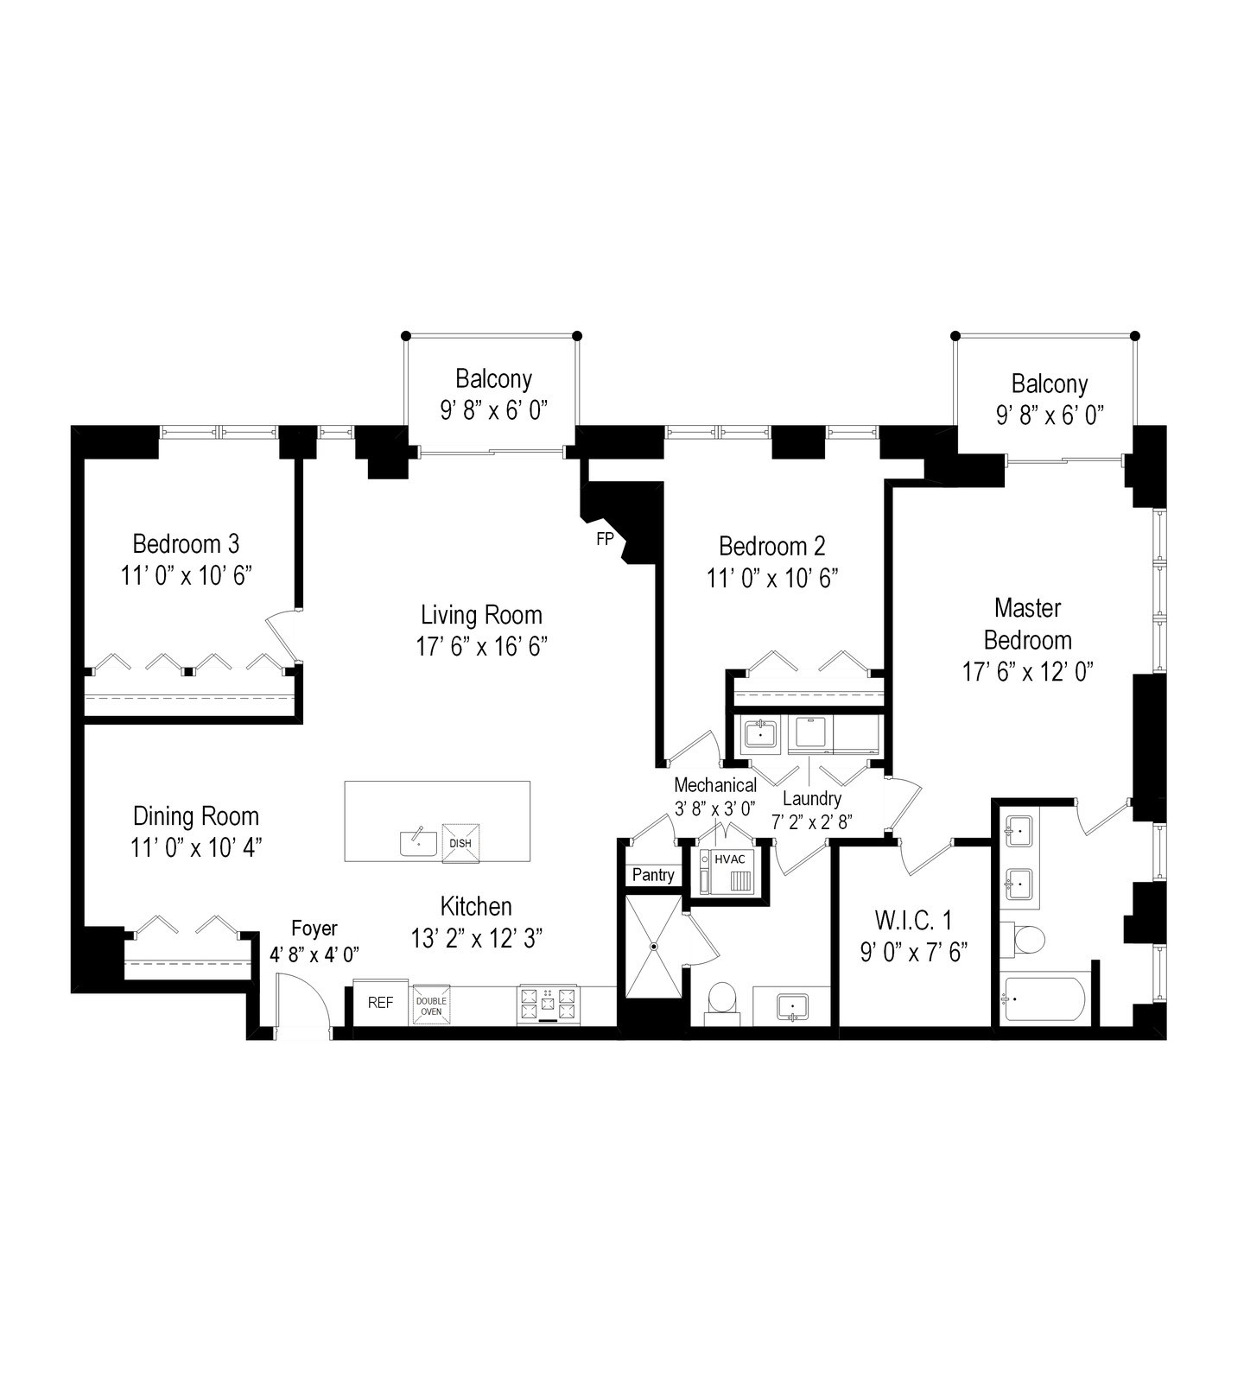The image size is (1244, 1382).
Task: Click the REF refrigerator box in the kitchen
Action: [x=380, y=1003]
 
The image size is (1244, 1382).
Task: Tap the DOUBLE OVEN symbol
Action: [x=431, y=1005]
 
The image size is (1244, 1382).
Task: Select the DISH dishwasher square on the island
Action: [x=460, y=843]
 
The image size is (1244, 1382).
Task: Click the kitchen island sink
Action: [x=419, y=842]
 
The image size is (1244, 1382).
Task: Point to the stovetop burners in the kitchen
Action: [x=548, y=1005]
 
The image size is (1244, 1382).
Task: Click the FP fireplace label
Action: [x=605, y=539]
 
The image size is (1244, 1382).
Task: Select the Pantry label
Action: [x=653, y=875]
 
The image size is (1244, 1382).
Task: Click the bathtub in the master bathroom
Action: [x=1043, y=1001]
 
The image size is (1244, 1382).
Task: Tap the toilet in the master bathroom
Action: [x=1023, y=939]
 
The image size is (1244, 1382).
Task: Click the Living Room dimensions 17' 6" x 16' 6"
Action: [x=482, y=647]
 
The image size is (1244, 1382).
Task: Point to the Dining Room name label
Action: [x=196, y=816]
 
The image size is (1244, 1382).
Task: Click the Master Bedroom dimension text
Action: [x=1028, y=672]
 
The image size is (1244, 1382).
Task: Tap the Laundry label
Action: [x=812, y=799]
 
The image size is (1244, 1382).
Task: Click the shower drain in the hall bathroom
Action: [x=654, y=947]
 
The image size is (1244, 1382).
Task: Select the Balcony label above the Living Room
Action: [x=494, y=379]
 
